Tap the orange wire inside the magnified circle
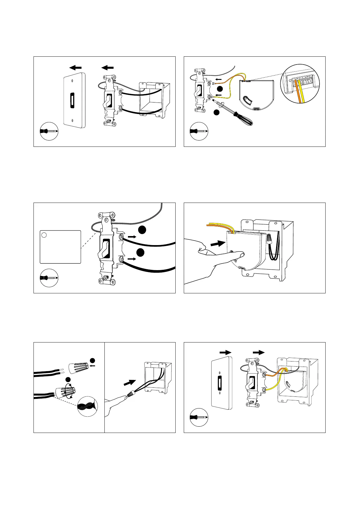(298, 89)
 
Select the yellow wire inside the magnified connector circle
(302, 89)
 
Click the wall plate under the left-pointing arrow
(74, 100)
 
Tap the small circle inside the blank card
(44, 235)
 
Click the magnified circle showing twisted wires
(88, 406)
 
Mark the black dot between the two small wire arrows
(220, 89)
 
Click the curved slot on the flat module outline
(248, 100)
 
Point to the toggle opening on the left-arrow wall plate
(72, 100)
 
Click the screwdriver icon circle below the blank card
(49, 278)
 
